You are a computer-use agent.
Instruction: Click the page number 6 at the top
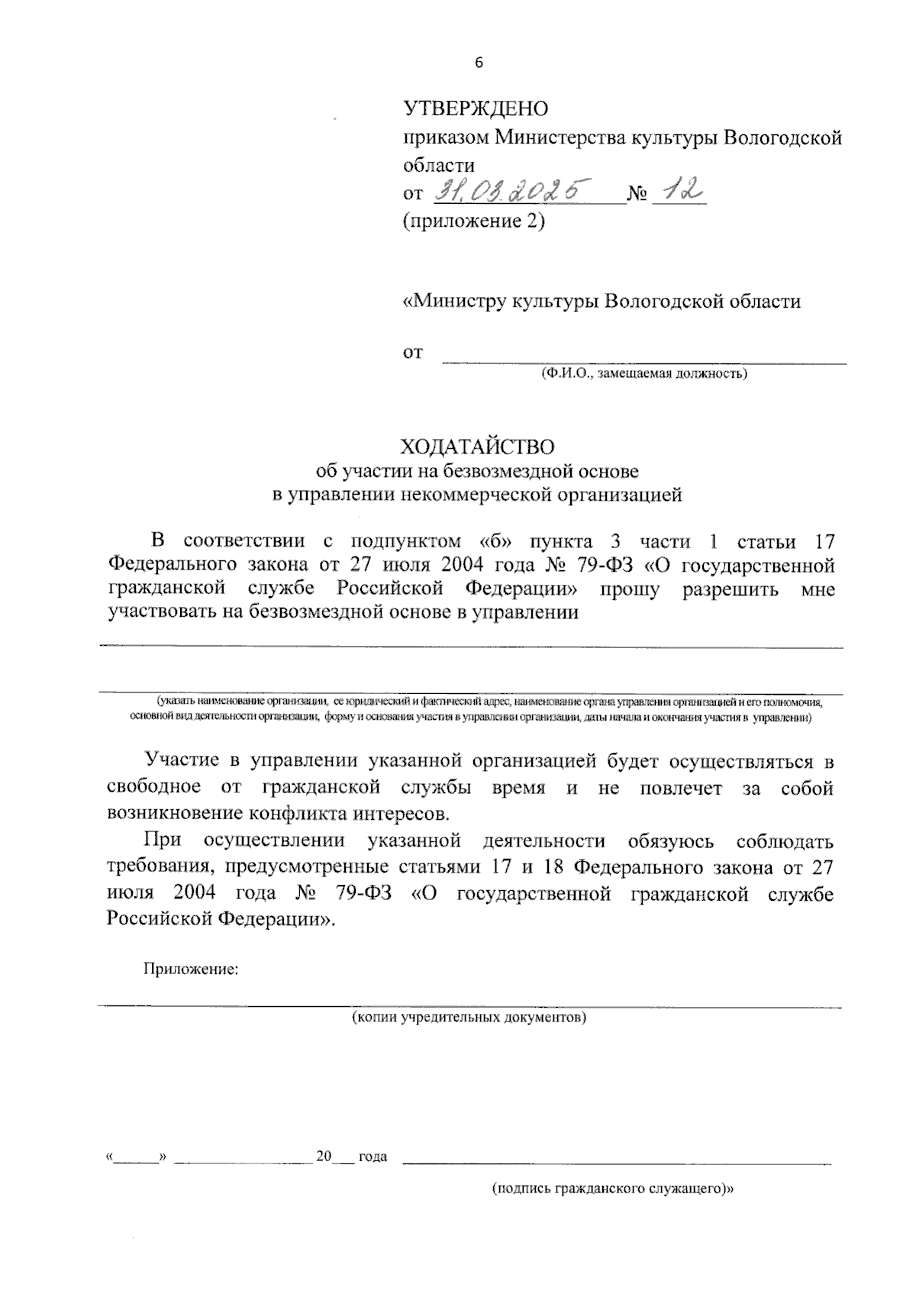click(479, 64)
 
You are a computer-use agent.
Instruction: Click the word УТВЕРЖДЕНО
click(476, 109)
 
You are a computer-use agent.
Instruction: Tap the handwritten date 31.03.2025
click(512, 191)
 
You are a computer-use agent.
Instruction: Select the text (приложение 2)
click(473, 222)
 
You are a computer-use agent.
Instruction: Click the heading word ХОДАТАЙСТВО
click(478, 446)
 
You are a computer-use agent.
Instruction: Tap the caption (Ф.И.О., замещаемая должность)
click(643, 374)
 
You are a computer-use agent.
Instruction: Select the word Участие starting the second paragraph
click(183, 761)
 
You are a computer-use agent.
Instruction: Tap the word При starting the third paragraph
click(162, 841)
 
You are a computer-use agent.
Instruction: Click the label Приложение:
click(191, 970)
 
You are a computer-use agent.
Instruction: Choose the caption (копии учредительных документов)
click(469, 1018)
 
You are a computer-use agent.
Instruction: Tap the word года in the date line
click(373, 1157)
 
